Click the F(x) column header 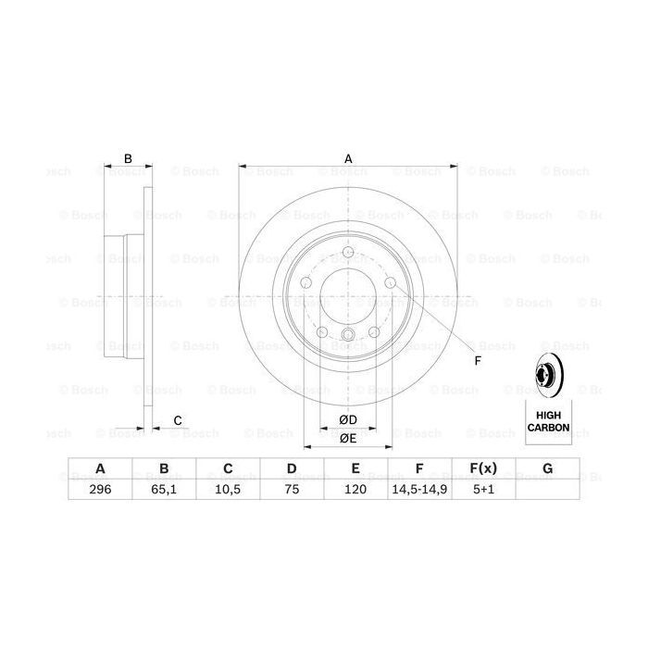click(x=483, y=469)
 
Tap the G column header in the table click(x=547, y=469)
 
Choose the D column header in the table click(x=292, y=469)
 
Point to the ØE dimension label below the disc click(x=348, y=438)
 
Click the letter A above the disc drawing click(x=348, y=158)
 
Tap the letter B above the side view click(x=129, y=158)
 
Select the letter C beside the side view click(x=177, y=421)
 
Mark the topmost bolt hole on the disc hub click(x=348, y=256)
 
